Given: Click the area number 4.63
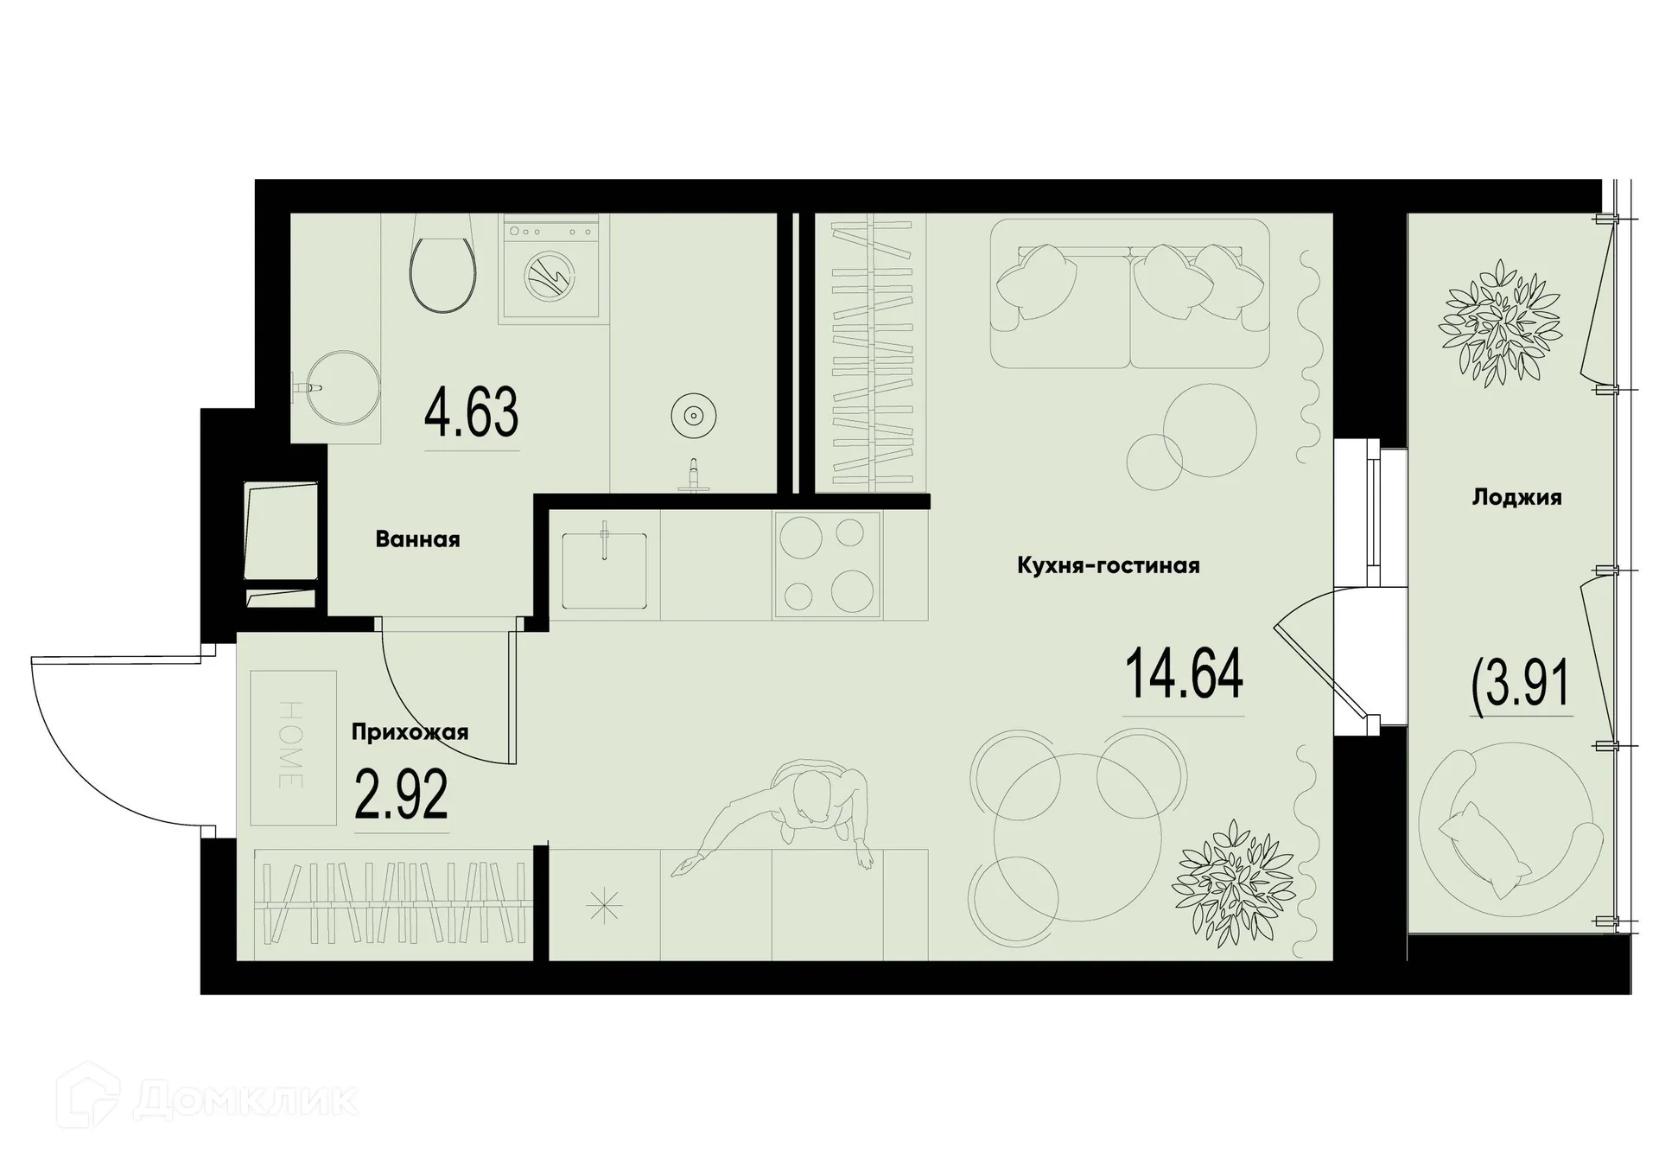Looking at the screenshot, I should tap(472, 413).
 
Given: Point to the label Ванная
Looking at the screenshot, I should tap(417, 539).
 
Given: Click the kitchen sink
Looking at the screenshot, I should tap(604, 570).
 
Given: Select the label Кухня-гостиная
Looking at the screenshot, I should tap(1108, 565).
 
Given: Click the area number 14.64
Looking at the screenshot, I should tap(1183, 676).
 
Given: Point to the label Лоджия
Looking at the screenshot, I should tap(1516, 497).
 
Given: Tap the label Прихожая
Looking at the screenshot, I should tap(410, 732).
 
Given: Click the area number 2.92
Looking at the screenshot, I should tap(402, 795).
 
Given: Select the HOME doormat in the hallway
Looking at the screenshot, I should tap(293, 747).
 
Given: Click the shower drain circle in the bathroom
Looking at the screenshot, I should tap(693, 417).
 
